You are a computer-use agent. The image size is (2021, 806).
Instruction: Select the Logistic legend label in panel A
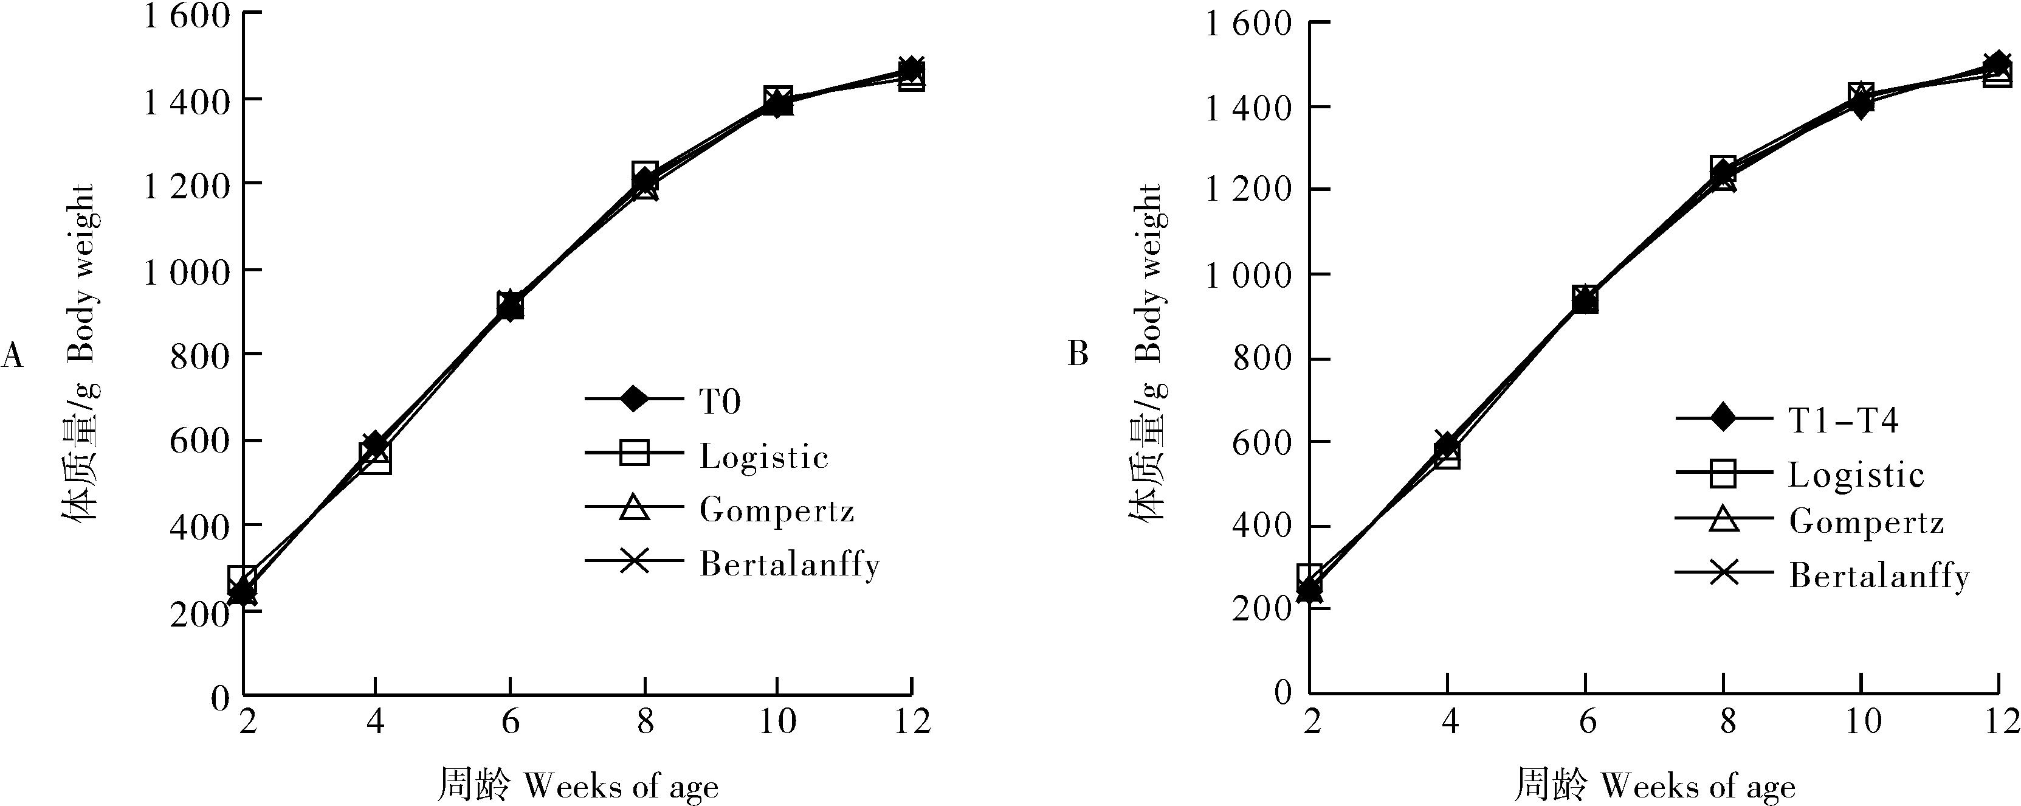(763, 457)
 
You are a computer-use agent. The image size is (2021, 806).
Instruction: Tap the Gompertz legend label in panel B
(1867, 523)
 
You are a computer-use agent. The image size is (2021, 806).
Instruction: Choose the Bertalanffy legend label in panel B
(1879, 577)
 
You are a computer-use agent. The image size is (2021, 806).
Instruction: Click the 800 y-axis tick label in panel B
(1262, 359)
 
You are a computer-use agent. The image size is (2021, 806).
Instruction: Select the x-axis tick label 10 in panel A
(777, 720)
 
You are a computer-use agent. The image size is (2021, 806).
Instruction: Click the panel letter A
(13, 355)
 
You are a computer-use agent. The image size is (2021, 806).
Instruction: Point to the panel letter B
(1078, 355)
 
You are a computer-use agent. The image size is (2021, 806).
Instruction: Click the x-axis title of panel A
(577, 785)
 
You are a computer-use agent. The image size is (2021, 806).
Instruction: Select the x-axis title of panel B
(1654, 785)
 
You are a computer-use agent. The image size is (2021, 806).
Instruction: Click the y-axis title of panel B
(1146, 353)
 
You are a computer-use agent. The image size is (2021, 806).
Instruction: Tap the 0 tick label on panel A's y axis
(219, 696)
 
